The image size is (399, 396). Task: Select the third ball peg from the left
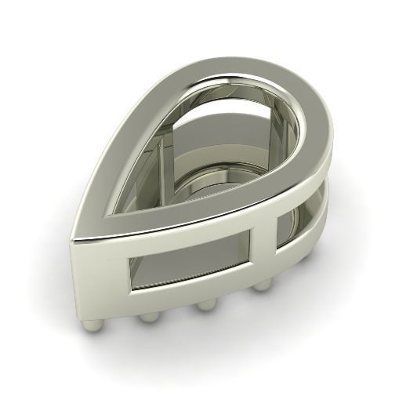pyautogui.click(x=205, y=305)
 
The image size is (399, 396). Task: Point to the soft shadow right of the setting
pyautogui.click(x=353, y=259)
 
